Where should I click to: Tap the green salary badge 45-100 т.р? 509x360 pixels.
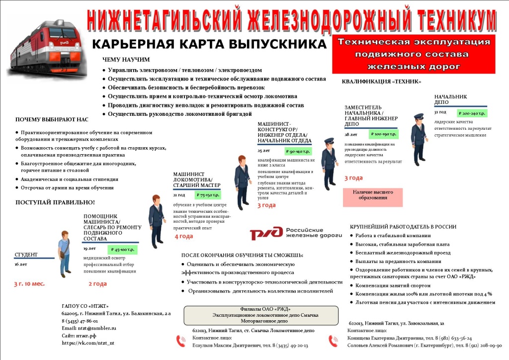pyautogui.click(x=122, y=249)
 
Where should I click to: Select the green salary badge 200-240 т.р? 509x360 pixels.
pyautogui.click(x=472, y=113)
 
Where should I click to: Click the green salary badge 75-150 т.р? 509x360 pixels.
pyautogui.click(x=207, y=195)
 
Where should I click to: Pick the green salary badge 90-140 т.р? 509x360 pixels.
pyautogui.click(x=300, y=151)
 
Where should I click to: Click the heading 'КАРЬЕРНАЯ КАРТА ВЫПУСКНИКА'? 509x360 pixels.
pyautogui.click(x=209, y=44)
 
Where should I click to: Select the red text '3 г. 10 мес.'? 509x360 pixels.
pyautogui.click(x=29, y=283)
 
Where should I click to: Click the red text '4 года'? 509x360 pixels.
pyautogui.click(x=183, y=236)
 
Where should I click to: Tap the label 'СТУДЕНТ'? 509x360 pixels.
pyautogui.click(x=26, y=255)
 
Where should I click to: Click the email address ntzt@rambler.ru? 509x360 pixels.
pyautogui.click(x=89, y=328)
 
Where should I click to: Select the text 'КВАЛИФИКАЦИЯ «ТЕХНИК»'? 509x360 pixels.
pyautogui.click(x=382, y=82)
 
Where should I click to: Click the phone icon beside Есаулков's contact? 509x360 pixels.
pyautogui.click(x=181, y=341)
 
